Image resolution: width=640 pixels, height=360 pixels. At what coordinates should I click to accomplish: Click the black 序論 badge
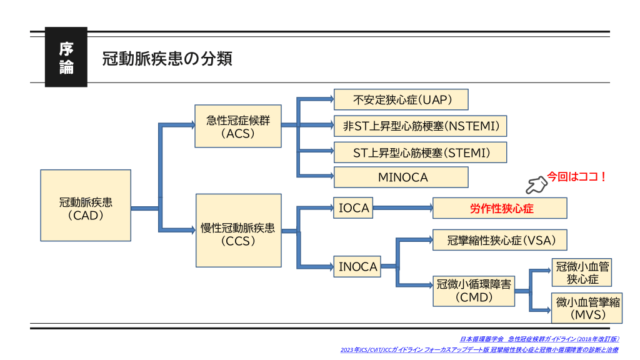(66, 57)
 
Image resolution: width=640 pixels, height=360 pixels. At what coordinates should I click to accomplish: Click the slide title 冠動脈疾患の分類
(167, 59)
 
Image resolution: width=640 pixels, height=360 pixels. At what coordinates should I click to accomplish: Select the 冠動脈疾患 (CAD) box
(86, 209)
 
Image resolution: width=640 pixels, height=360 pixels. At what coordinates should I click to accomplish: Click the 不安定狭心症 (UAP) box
(401, 99)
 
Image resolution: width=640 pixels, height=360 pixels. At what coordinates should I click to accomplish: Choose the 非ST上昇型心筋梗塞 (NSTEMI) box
(420, 126)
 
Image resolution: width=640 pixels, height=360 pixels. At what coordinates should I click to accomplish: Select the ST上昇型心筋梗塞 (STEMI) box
(420, 152)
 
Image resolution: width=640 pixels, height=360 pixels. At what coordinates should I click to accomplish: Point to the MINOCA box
(401, 177)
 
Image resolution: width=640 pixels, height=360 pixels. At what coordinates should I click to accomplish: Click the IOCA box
(354, 208)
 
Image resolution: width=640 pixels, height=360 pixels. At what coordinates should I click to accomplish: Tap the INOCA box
(357, 267)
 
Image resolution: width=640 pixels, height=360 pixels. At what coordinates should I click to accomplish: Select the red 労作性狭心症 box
(500, 209)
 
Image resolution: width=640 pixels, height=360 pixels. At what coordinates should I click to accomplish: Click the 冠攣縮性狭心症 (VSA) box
(500, 240)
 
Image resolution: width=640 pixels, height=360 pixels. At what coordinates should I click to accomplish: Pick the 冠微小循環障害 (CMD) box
(474, 291)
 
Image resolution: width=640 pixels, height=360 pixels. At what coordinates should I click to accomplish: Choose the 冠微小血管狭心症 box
(582, 272)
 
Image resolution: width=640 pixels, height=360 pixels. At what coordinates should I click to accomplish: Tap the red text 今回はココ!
(576, 177)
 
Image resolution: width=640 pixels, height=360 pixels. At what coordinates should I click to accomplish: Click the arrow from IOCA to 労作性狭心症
(402, 208)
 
